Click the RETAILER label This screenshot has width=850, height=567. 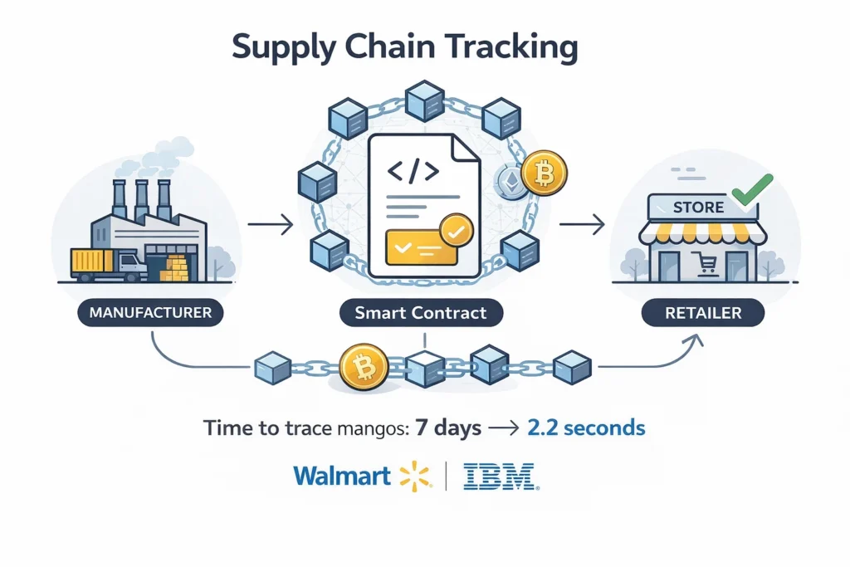703,313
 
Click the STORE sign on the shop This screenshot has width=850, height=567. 698,206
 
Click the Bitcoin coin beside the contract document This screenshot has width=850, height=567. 544,174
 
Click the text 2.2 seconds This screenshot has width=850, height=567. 586,428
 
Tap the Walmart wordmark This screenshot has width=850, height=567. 341,476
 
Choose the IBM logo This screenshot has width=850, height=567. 501,476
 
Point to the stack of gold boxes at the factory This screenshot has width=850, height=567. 176,268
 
